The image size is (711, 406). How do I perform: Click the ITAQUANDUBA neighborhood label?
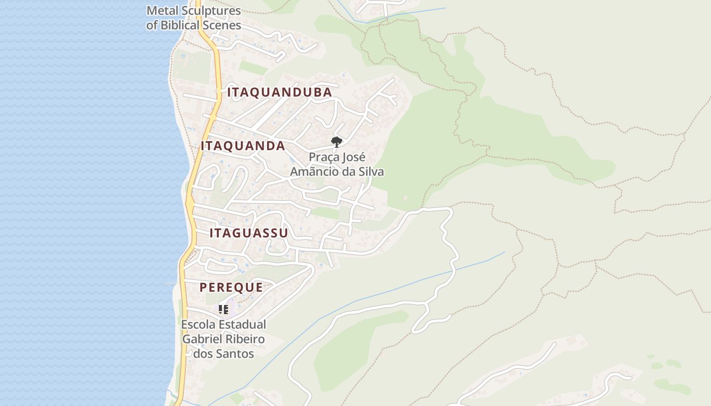tap(279, 92)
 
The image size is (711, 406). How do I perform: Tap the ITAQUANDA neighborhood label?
tap(243, 146)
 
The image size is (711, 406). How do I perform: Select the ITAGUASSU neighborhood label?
tap(249, 233)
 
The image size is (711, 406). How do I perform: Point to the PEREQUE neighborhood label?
tap(231, 287)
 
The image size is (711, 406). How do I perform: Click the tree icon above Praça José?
tap(336, 142)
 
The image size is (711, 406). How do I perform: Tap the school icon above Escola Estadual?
tap(223, 309)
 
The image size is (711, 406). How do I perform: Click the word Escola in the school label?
tap(197, 324)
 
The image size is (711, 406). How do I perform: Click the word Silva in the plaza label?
tap(370, 172)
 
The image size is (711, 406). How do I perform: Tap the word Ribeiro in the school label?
tap(246, 339)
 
